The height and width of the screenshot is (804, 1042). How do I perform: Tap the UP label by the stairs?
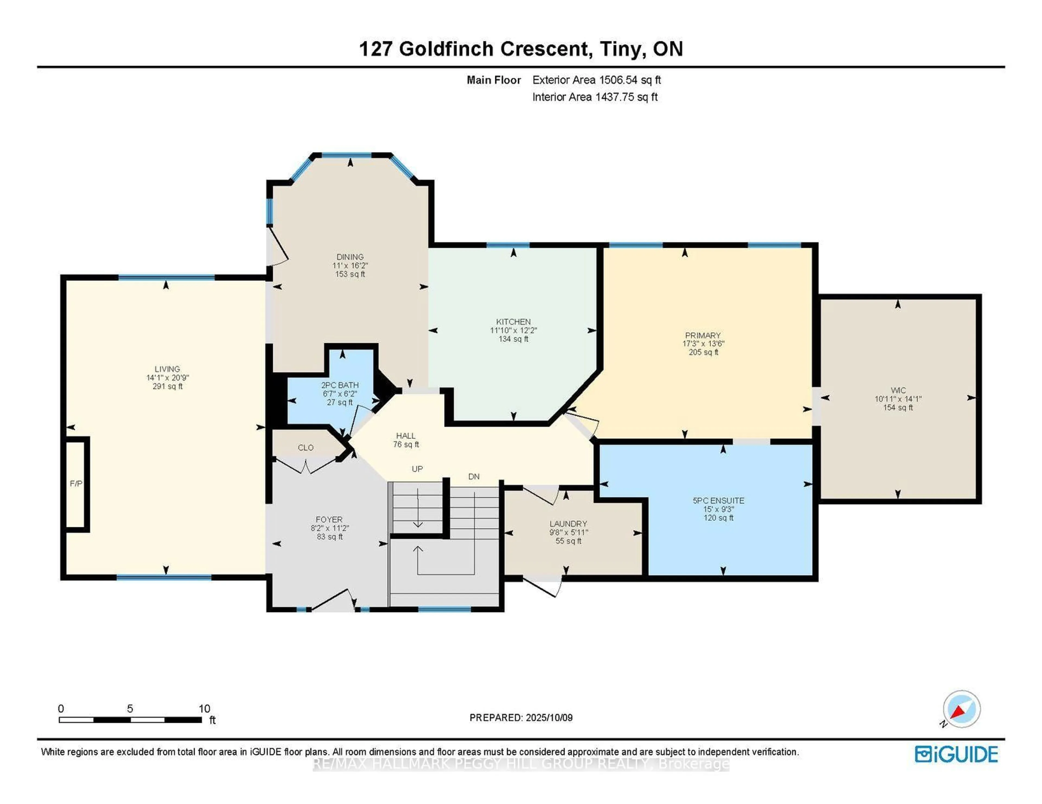click(x=417, y=469)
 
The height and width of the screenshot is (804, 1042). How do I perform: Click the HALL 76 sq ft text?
click(x=406, y=444)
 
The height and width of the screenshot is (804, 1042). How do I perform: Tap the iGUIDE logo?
click(x=956, y=754)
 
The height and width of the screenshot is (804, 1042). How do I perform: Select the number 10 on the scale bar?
click(x=204, y=709)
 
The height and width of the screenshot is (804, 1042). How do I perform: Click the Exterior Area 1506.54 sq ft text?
click(x=596, y=80)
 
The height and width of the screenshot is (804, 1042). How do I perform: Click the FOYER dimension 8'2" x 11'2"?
click(x=329, y=528)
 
